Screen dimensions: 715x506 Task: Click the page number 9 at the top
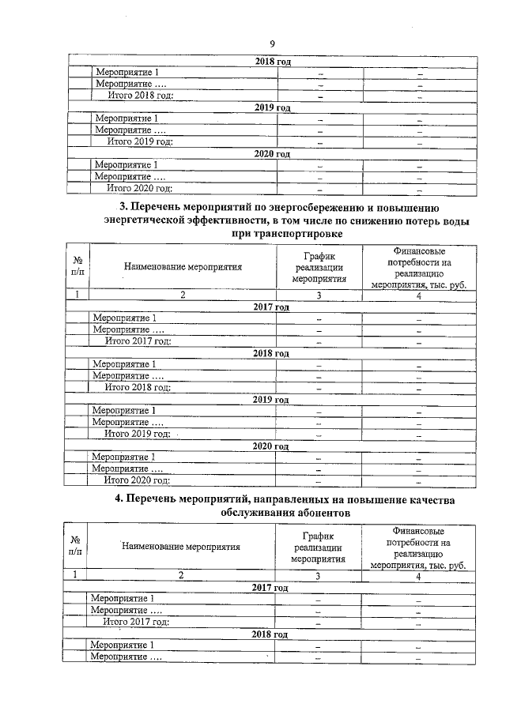[x=272, y=43]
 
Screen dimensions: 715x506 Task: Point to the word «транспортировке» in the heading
[x=301, y=235]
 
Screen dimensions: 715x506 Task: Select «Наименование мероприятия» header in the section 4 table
[x=180, y=546]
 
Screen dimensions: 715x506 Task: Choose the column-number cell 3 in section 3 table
[x=319, y=295]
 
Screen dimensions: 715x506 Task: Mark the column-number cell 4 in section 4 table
[x=417, y=576]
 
